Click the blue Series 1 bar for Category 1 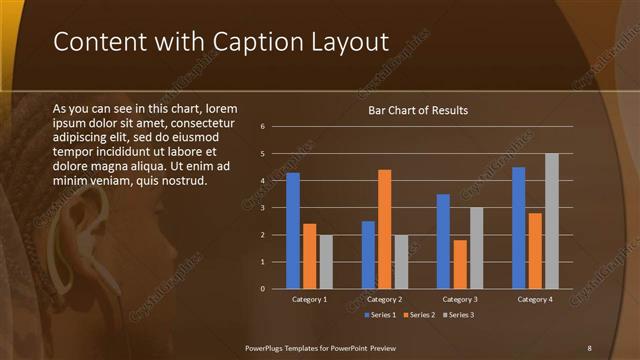click(293, 230)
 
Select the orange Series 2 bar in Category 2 click(385, 229)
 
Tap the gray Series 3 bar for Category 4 click(552, 221)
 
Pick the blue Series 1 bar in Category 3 click(443, 241)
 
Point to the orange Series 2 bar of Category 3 click(460, 264)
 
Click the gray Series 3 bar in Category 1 click(326, 261)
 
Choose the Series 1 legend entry click(381, 315)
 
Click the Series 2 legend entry click(419, 315)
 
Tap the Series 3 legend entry click(458, 315)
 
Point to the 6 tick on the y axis click(262, 127)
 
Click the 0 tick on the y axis click(262, 289)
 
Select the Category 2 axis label click(385, 299)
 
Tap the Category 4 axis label click(536, 299)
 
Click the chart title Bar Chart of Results click(418, 110)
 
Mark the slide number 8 click(589, 347)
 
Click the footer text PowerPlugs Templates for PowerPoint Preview click(321, 347)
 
